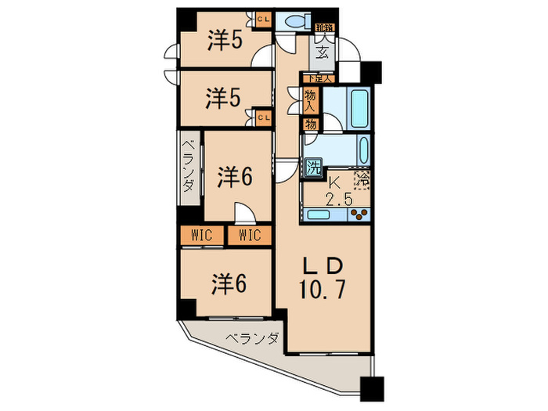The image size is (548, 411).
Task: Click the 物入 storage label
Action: pos(310,99)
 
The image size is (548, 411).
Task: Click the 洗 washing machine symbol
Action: pos(312,166)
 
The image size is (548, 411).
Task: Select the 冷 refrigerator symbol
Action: pos(362,179)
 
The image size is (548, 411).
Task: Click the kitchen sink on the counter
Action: pos(319,214)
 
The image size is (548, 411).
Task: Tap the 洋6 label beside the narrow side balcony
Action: pos(234,177)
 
